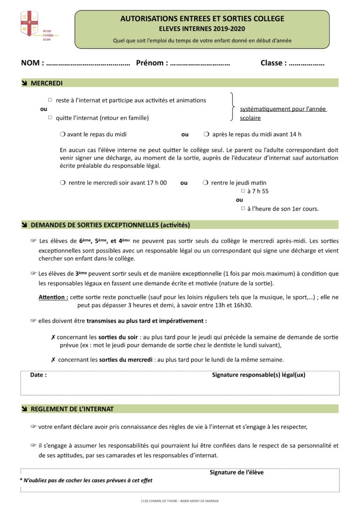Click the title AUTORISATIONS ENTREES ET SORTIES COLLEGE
[x=202, y=19]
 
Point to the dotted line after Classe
[x=307, y=63]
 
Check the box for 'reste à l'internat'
[x=50, y=100]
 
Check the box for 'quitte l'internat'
[x=50, y=118]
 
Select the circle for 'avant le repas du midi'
[x=62, y=134]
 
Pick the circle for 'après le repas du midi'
[x=206, y=134]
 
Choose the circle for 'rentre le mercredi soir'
[x=62, y=183]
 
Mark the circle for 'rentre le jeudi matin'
[x=205, y=183]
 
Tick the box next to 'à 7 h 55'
[x=243, y=191]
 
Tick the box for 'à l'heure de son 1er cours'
[x=243, y=208]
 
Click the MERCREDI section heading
[x=46, y=83]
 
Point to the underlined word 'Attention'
[x=53, y=297]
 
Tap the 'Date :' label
[x=38, y=375]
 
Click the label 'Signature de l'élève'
[x=236, y=472]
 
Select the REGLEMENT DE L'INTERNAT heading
[x=72, y=409]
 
